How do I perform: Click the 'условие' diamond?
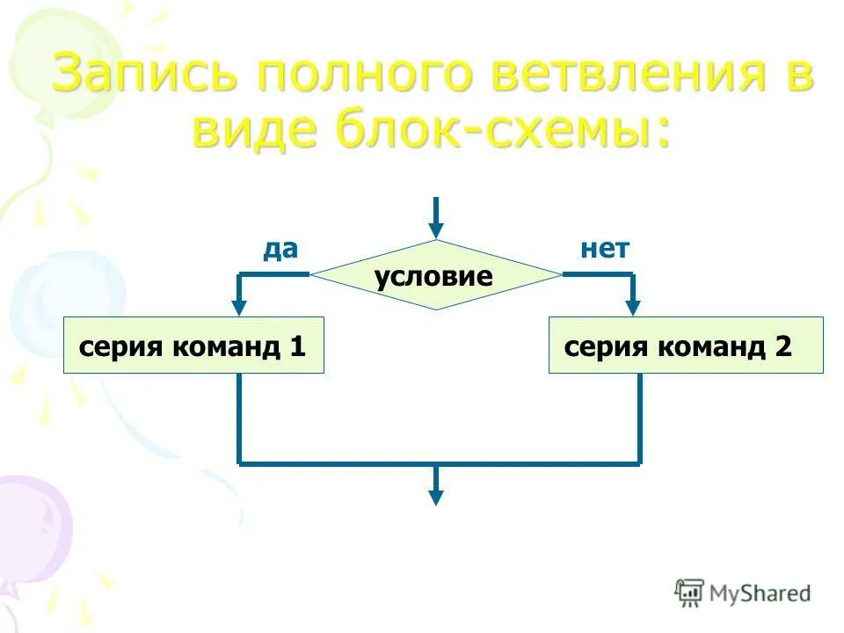click(434, 276)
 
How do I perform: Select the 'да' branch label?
click(280, 250)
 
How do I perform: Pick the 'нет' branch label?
click(605, 250)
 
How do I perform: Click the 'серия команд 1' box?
click(193, 346)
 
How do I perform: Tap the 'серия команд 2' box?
click(686, 346)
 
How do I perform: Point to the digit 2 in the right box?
click(783, 346)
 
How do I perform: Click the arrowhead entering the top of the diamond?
click(435, 230)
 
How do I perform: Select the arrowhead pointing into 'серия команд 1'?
click(238, 307)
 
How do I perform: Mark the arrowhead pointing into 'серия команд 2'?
click(633, 307)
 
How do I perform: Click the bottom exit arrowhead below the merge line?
click(435, 497)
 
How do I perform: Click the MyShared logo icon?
click(689, 593)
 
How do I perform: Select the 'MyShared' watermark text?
click(760, 593)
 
